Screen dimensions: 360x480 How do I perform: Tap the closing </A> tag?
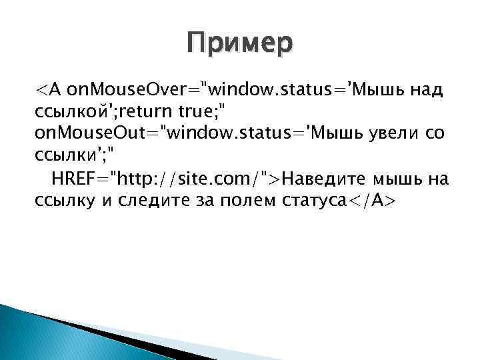369,201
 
